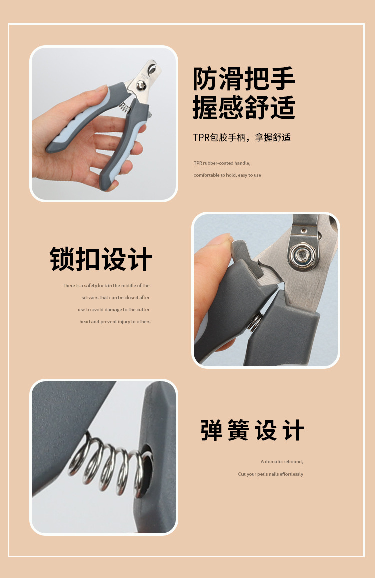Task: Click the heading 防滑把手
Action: coord(244,79)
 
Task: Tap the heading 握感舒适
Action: coord(244,107)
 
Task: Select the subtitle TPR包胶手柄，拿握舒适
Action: coord(242,137)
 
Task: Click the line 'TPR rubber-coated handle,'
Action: coord(222,163)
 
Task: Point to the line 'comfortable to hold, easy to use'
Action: coord(227,175)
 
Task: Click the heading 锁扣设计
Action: coord(101,259)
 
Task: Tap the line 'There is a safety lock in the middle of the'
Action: coord(106,286)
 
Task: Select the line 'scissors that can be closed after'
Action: coord(116,297)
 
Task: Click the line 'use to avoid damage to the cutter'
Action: coord(114,310)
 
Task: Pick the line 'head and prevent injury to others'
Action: coord(115,321)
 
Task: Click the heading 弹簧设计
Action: coord(253,430)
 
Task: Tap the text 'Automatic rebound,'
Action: coord(282,462)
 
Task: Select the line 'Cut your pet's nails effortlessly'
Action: coord(271,474)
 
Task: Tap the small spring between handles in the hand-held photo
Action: coord(125,107)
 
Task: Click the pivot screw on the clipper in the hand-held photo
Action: coord(141,86)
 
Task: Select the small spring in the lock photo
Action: coord(256,321)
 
